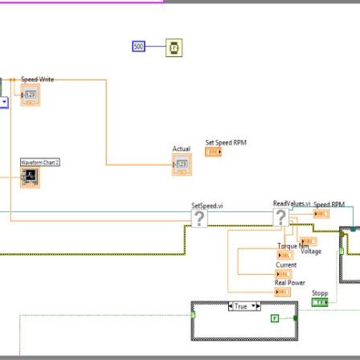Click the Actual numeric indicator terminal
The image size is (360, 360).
click(182, 164)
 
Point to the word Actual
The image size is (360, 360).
click(181, 149)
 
